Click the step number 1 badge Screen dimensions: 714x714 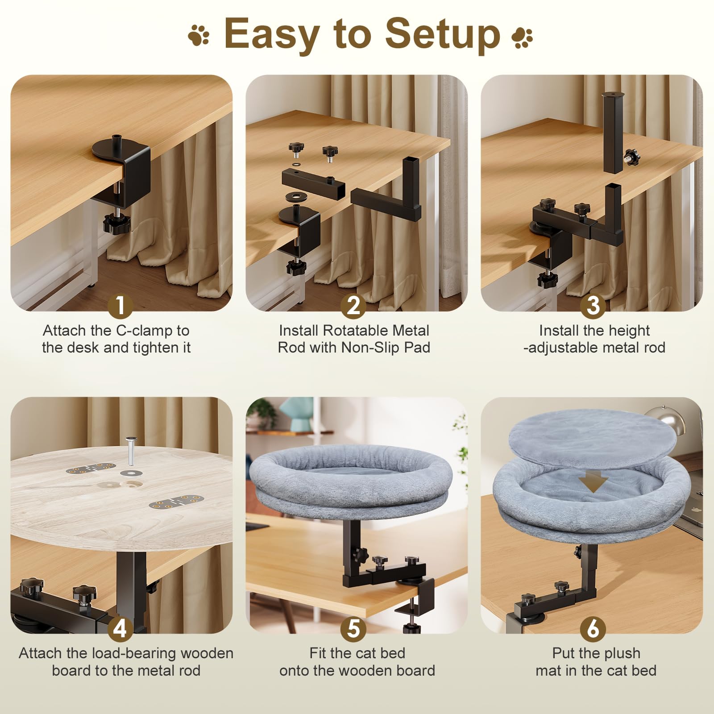pos(120,306)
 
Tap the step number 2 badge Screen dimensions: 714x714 pos(353,306)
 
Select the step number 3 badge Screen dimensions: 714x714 pos(593,306)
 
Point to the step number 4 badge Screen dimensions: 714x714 pos(120,629)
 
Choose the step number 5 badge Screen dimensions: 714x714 pos(353,629)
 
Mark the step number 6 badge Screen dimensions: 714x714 pos(593,629)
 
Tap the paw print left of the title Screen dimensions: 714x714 pos(199,35)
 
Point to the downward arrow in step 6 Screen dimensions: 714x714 pos(593,483)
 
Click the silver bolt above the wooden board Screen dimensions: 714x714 pos(131,450)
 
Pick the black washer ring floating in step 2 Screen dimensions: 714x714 pos(295,197)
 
